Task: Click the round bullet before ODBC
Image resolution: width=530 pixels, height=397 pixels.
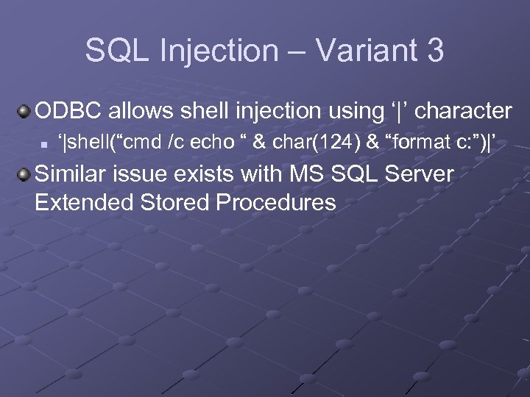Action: [x=24, y=112]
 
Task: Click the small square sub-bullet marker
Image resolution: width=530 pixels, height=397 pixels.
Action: [x=44, y=145]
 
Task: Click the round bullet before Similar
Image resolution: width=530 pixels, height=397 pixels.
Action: [x=24, y=176]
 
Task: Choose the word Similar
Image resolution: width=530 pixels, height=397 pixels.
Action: [x=74, y=175]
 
